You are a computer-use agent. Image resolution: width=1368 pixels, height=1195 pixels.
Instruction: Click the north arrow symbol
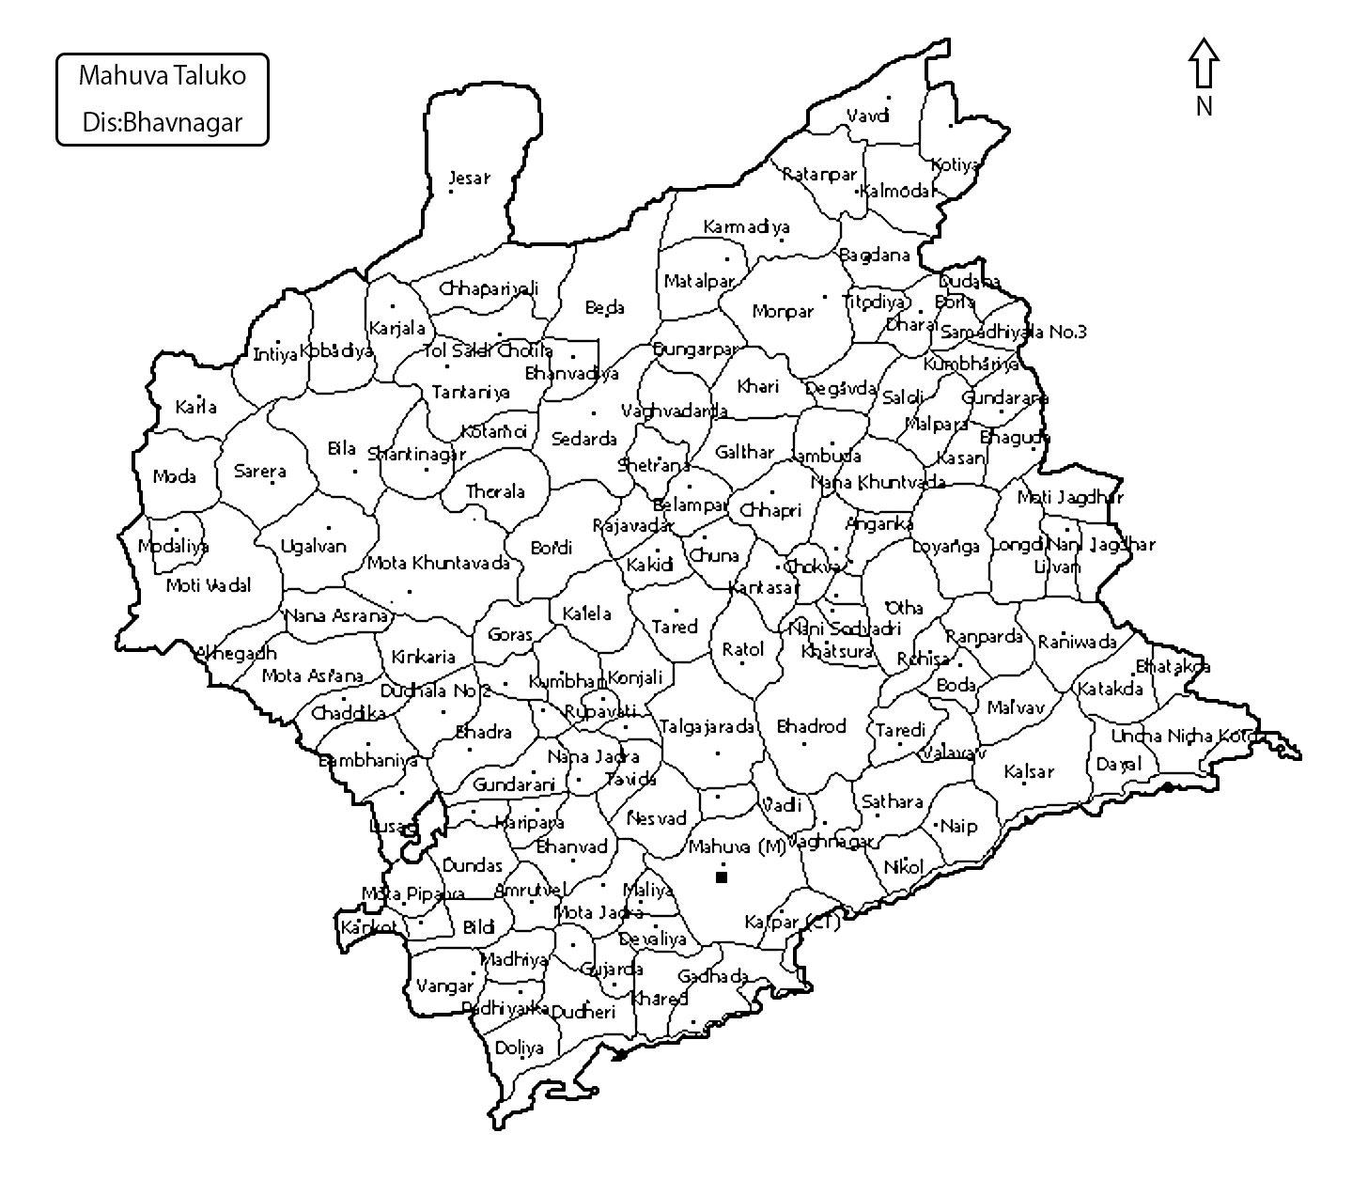point(1204,64)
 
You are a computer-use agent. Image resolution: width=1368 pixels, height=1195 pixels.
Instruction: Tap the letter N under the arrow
point(1204,107)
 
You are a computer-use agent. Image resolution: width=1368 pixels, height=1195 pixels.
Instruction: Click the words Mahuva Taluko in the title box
point(162,76)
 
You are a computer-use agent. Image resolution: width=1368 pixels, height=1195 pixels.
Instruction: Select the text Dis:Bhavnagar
point(162,122)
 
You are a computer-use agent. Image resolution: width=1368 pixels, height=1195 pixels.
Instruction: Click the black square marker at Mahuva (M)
point(722,877)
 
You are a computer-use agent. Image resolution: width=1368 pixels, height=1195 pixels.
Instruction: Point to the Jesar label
point(469,178)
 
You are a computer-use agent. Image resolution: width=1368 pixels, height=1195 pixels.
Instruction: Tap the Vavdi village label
point(867,116)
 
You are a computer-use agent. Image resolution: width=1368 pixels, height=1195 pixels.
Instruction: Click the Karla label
point(195,407)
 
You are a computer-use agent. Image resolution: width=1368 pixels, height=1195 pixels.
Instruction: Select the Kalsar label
point(1029,771)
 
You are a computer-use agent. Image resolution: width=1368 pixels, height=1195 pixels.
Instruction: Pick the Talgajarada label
point(707,726)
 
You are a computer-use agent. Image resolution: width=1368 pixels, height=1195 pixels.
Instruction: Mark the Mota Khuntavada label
point(438,563)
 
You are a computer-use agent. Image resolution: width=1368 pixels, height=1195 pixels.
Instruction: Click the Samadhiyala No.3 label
point(1013,332)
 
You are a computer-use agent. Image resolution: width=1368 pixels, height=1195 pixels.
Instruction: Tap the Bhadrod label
point(811,726)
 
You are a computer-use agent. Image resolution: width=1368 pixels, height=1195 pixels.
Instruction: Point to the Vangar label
point(444,986)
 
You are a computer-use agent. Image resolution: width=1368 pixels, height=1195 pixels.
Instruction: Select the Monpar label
point(782,311)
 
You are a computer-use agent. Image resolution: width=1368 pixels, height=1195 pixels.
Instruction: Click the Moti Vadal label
point(209,585)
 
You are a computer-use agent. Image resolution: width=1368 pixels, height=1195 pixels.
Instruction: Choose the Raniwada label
point(1077,643)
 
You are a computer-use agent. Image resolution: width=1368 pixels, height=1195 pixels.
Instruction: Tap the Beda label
point(604,307)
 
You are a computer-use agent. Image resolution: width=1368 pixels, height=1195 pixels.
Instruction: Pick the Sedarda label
point(583,439)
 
